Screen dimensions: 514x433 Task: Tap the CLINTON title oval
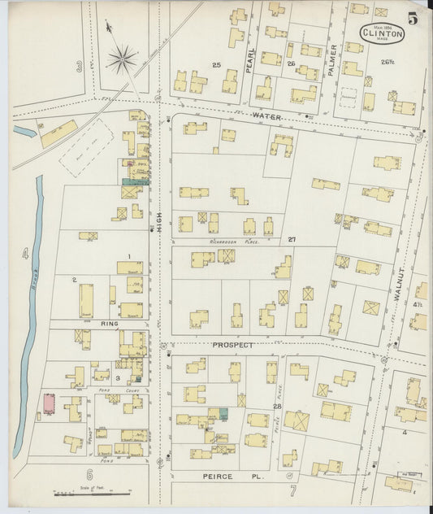383,33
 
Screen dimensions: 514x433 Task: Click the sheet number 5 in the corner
414,17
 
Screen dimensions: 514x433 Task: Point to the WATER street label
266,117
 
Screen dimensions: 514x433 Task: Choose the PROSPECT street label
233,345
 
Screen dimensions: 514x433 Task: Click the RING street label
110,324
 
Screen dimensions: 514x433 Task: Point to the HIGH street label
159,216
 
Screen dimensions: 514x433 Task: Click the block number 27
292,240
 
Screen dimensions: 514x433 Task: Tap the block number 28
277,406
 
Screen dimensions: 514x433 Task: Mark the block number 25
216,64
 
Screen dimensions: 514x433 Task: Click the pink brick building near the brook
48,404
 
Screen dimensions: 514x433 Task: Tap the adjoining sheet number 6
89,474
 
